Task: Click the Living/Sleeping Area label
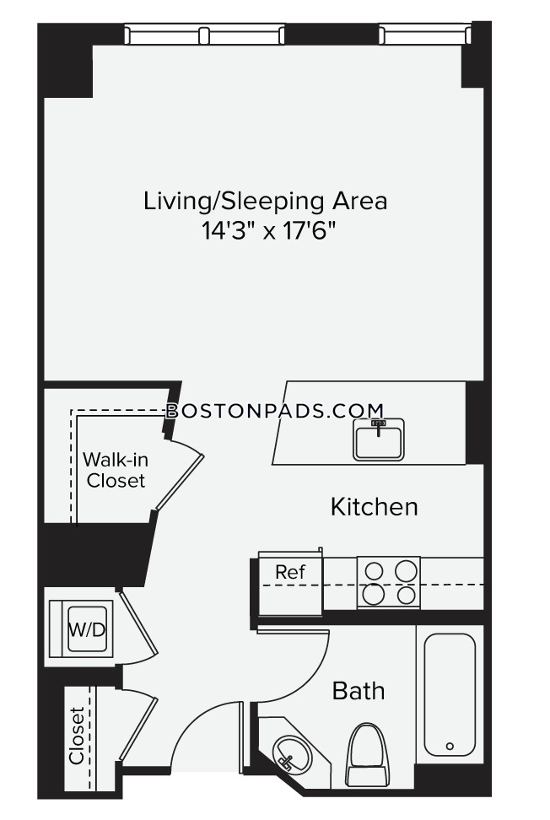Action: click(265, 202)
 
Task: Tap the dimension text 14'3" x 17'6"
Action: click(268, 230)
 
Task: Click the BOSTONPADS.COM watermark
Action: click(275, 411)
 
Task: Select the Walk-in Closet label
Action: click(116, 470)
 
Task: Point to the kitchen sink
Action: click(379, 440)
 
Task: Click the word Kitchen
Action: click(375, 507)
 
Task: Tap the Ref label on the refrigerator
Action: click(290, 572)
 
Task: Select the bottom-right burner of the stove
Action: click(407, 595)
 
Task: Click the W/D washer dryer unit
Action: click(81, 628)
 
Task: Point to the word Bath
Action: click(359, 691)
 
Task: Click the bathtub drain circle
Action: click(450, 747)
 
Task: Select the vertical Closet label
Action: click(77, 736)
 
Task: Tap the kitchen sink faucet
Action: click(378, 427)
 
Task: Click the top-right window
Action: click(425, 35)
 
